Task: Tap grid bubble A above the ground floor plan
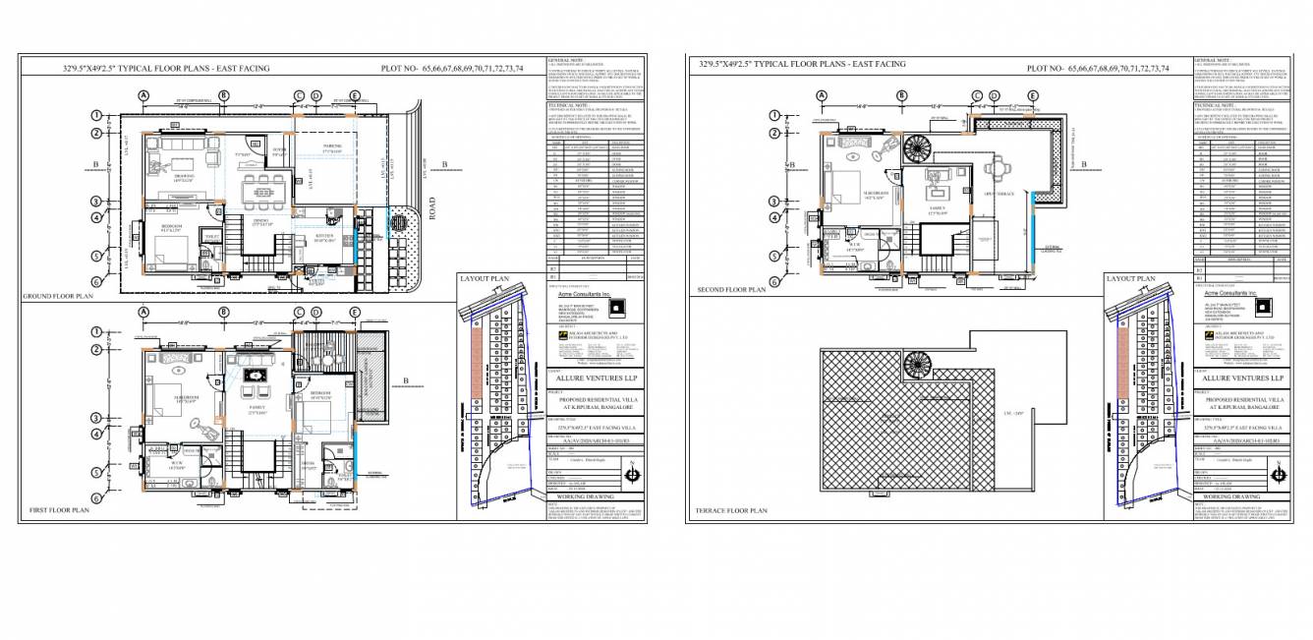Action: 143,95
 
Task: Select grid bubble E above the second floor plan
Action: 1033,95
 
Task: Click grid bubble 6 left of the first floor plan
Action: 97,498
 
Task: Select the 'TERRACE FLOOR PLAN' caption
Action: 731,511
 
